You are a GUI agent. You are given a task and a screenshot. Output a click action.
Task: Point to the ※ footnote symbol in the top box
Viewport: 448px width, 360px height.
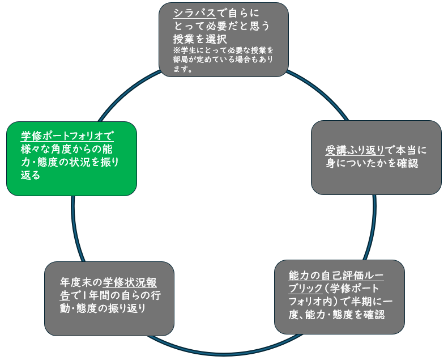177,50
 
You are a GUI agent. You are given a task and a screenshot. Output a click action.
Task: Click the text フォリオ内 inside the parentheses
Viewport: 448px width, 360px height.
315,301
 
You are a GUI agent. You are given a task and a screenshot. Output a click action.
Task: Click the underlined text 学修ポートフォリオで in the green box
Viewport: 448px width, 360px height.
67,136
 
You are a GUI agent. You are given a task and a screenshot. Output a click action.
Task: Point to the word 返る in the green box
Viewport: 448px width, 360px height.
31,176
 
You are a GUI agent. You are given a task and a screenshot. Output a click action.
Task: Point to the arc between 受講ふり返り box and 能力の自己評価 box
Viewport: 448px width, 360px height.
372,227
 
